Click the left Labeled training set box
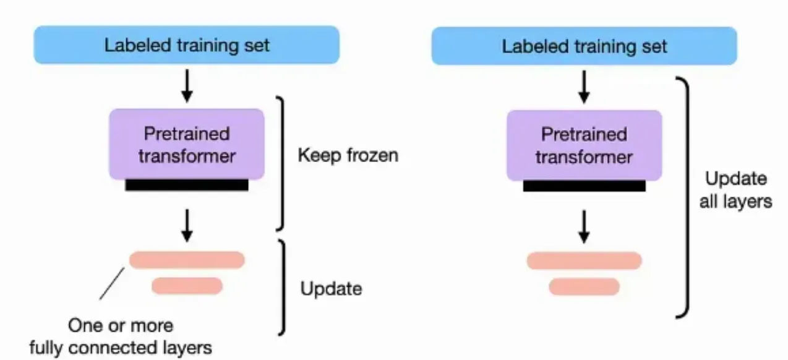click(x=186, y=45)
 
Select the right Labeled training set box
click(x=584, y=46)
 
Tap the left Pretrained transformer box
click(x=187, y=144)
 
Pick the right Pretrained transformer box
click(x=585, y=145)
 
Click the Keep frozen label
click(x=348, y=155)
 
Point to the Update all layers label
click(x=735, y=190)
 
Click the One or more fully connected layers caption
click(x=121, y=336)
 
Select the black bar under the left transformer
click(x=187, y=185)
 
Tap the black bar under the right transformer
click(x=585, y=186)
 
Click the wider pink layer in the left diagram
click(x=187, y=260)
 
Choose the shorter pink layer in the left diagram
click(x=187, y=286)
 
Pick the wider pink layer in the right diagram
click(x=584, y=261)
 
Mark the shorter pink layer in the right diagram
click(x=584, y=286)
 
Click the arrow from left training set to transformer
click(x=187, y=86)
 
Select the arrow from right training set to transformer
click(x=584, y=87)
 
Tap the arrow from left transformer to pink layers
click(x=187, y=226)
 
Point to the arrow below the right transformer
click(x=584, y=226)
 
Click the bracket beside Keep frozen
click(x=283, y=164)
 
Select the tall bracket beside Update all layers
click(x=687, y=197)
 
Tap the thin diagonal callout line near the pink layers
click(x=112, y=284)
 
